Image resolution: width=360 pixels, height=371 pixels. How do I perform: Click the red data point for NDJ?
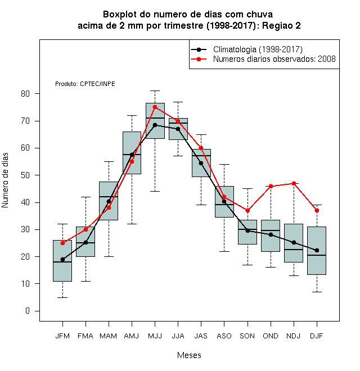(294, 183)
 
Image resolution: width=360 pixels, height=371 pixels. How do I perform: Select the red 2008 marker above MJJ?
(155, 107)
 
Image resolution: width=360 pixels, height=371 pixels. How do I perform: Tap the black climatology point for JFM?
(62, 260)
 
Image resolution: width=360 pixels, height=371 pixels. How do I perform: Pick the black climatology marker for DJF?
(317, 250)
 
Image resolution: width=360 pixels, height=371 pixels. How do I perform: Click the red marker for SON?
(247, 210)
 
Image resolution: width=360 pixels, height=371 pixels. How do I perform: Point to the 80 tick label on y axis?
(25, 94)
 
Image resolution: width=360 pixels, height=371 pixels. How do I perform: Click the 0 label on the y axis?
(28, 311)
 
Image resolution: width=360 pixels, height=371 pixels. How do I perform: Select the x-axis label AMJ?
(132, 336)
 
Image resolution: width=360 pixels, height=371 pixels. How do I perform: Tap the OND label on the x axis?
(271, 336)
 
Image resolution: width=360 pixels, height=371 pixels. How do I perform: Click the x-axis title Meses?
(189, 355)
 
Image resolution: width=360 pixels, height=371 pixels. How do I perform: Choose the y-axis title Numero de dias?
(5, 180)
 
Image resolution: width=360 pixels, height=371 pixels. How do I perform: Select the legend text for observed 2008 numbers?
(274, 59)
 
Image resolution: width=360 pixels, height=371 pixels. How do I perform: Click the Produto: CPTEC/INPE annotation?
(85, 84)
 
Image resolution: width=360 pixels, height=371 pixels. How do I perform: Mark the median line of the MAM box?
(109, 197)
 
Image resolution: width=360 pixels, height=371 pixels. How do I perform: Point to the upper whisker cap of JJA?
(178, 102)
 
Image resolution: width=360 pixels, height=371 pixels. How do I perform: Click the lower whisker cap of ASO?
(224, 251)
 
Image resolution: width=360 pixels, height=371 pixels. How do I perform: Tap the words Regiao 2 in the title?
(281, 25)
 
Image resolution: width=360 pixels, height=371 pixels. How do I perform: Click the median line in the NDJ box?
(294, 250)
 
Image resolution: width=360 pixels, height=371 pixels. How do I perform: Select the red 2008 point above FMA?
(85, 229)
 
